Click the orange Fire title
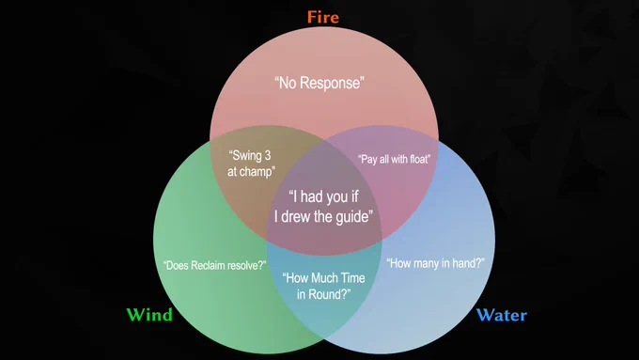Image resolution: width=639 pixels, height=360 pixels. click(323, 17)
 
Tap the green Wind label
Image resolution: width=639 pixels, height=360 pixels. click(149, 315)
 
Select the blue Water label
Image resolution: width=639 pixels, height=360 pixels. click(502, 315)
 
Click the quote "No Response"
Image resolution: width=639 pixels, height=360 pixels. click(319, 83)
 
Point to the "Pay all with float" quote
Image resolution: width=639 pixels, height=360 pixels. click(394, 159)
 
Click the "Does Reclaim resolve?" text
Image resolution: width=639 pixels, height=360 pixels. click(215, 265)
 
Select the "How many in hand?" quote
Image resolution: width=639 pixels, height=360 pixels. click(436, 263)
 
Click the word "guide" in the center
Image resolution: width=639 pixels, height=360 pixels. click(353, 216)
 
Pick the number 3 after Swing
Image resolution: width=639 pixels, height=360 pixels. click(267, 156)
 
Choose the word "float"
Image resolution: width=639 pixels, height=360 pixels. click(419, 159)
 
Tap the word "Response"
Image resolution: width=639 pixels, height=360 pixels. click(333, 83)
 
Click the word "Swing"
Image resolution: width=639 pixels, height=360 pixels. click(245, 156)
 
